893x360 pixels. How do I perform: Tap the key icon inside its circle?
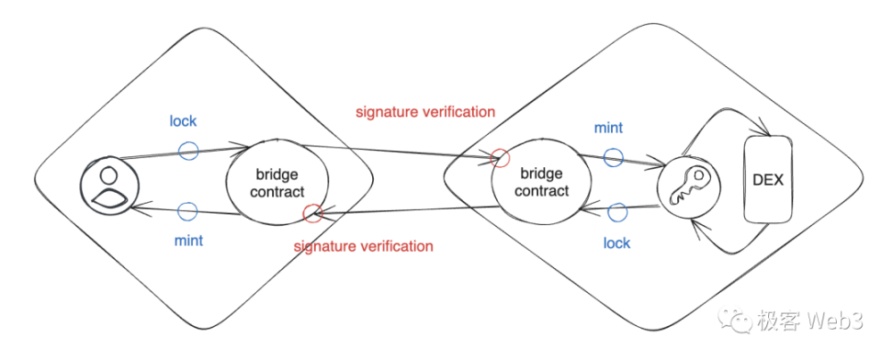(x=689, y=186)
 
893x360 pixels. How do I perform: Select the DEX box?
(x=768, y=180)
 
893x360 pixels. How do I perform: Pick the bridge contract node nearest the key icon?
(x=541, y=182)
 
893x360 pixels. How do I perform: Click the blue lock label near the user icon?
(x=183, y=121)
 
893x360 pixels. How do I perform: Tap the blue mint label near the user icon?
(x=188, y=242)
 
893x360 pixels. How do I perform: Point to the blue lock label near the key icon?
(x=616, y=243)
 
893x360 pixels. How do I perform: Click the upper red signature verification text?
(x=425, y=112)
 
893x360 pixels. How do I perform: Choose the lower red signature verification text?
(x=363, y=246)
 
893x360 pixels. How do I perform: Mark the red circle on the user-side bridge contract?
(x=313, y=213)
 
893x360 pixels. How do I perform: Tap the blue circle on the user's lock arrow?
(x=188, y=151)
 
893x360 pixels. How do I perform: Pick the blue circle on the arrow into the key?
(x=613, y=157)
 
